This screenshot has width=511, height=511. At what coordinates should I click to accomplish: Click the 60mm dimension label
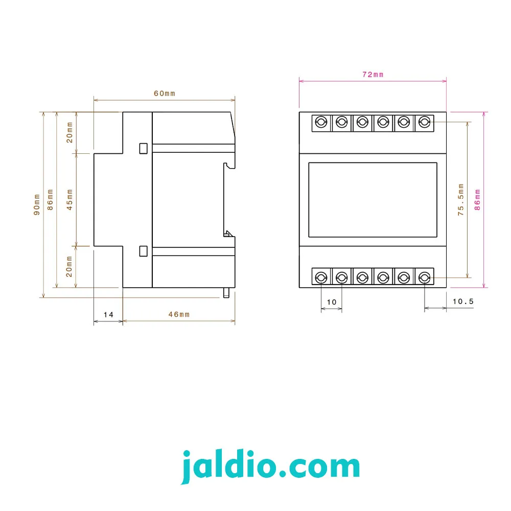point(165,94)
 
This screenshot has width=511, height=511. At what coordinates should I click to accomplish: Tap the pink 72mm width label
point(373,75)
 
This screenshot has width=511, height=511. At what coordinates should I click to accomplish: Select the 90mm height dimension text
point(37,205)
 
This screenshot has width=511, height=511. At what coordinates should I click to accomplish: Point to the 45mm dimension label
point(69,200)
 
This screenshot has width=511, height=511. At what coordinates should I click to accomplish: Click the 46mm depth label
point(179,314)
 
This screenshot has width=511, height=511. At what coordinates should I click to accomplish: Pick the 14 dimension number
point(108,315)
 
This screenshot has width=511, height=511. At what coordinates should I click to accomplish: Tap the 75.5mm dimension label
point(460,200)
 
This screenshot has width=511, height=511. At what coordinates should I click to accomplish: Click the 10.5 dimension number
point(463,301)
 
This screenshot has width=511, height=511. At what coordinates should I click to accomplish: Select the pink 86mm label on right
point(477,200)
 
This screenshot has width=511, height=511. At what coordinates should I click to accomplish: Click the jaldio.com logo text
point(270,466)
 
